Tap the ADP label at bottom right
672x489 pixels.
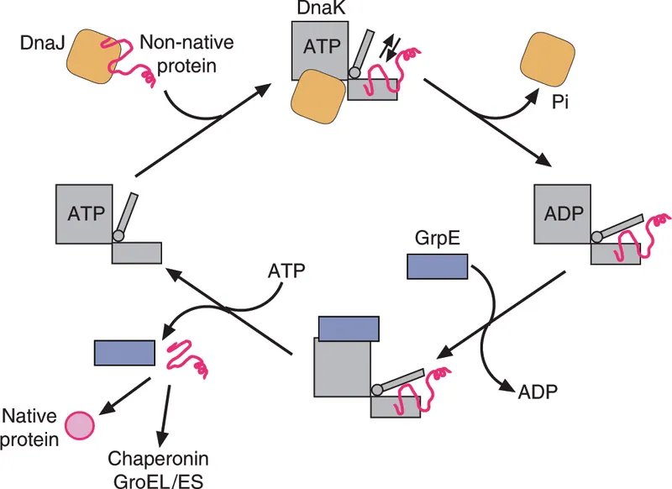pos(537,391)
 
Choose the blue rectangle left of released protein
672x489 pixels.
pos(124,350)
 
